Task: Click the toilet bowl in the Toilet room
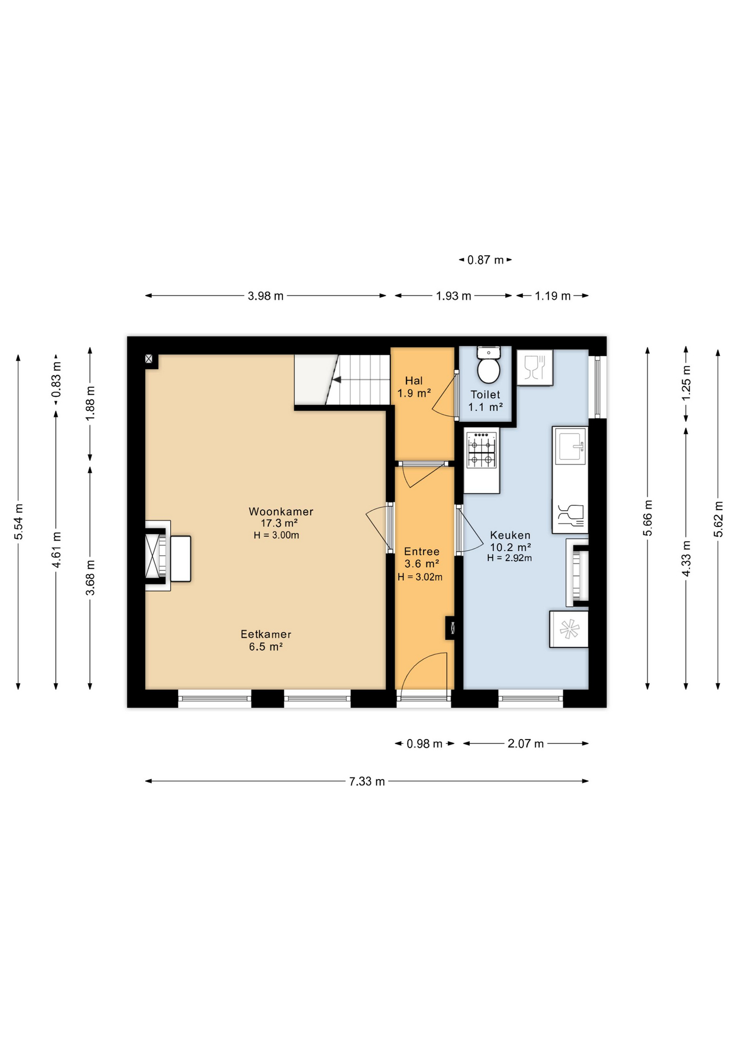click(488, 370)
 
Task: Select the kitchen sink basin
click(570, 446)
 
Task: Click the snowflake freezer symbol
click(569, 629)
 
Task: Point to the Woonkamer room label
click(281, 511)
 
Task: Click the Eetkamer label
click(266, 634)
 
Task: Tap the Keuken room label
click(510, 535)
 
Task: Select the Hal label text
click(414, 381)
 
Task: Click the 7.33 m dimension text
click(367, 781)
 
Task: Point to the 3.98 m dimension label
click(266, 296)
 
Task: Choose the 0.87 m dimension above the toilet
click(486, 260)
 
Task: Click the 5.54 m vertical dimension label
click(18, 522)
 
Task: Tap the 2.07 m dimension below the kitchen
click(525, 743)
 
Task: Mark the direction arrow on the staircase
click(337, 380)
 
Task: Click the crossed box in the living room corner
click(149, 359)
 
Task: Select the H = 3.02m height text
click(420, 577)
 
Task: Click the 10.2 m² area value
click(510, 547)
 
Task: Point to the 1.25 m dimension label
click(686, 383)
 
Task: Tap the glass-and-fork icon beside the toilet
click(534, 367)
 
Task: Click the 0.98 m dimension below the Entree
click(424, 743)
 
